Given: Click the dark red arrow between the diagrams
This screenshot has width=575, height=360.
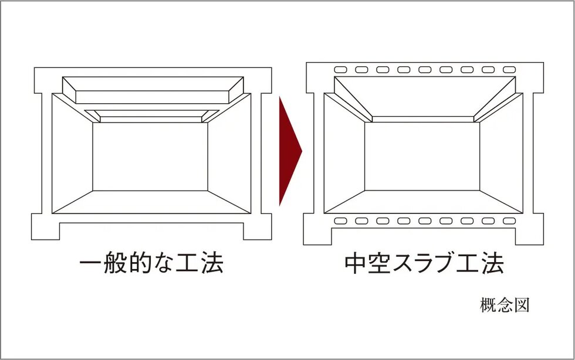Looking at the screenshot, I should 289,151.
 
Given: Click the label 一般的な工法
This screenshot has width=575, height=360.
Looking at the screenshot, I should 151,263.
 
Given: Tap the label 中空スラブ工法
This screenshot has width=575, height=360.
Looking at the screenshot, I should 424,263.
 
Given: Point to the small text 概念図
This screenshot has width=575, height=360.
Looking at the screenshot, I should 505,305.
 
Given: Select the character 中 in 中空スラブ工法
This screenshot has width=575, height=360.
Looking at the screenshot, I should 357,263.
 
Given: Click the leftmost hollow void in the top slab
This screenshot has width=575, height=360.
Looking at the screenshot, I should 340,70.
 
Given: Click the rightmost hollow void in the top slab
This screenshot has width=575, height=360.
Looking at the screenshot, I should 509,70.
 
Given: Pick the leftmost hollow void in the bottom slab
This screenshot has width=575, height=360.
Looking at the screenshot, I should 340,222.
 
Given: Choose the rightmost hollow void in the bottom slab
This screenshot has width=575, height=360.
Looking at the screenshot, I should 509,222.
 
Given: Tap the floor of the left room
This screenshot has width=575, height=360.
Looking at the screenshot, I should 150,202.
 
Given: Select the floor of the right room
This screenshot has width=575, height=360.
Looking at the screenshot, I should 422,202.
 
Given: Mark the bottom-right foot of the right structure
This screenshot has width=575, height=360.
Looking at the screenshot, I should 526,235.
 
